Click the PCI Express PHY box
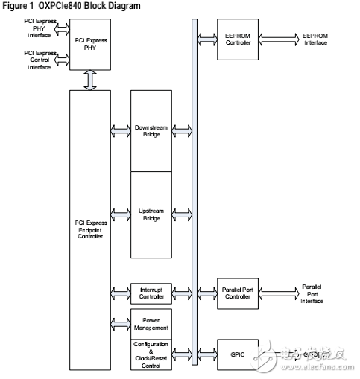tap(89, 45)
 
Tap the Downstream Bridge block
tap(152, 131)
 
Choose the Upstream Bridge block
tap(152, 214)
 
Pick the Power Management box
tap(152, 323)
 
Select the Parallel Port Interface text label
tap(313, 293)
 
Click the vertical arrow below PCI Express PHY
tap(89, 79)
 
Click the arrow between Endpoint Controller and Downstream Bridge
tap(120, 131)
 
